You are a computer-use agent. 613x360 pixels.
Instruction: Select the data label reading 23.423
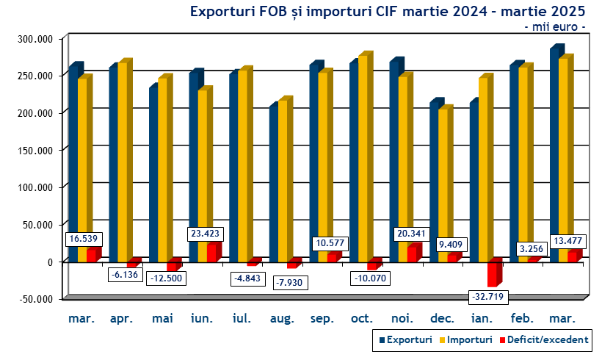(205, 234)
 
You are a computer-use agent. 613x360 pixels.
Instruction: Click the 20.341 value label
(405, 234)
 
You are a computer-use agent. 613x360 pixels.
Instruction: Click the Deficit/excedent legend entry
(543, 339)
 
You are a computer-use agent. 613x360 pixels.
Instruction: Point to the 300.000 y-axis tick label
(34, 38)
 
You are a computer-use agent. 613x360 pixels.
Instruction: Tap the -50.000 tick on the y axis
(34, 298)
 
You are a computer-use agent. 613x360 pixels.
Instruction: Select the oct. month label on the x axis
(363, 319)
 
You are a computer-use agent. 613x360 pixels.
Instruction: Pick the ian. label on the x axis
(483, 319)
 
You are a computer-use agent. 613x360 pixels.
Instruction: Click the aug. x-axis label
(282, 319)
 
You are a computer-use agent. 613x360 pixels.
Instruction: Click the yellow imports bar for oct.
(363, 158)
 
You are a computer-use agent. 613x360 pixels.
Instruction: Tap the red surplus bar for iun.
(211, 252)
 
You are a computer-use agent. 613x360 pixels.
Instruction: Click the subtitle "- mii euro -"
(555, 26)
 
